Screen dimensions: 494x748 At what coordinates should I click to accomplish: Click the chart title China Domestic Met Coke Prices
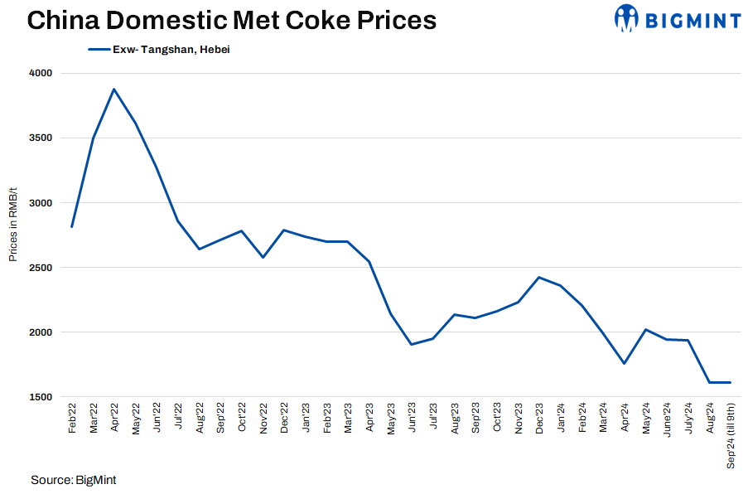pos(232,21)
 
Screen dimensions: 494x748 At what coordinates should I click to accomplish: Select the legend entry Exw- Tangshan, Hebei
pos(158,50)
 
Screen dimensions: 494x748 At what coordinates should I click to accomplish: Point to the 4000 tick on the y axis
pos(41,73)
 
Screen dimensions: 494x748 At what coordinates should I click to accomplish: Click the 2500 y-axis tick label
pos(41,268)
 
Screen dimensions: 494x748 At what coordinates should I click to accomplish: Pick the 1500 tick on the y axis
pos(41,397)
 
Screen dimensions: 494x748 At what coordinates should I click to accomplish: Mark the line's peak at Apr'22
pos(114,89)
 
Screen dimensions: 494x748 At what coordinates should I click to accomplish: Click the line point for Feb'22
pos(72,226)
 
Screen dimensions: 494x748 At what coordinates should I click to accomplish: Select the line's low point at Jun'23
pos(412,344)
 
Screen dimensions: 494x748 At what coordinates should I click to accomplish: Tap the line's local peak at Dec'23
pos(539,278)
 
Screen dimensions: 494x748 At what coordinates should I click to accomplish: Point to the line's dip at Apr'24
pos(624,363)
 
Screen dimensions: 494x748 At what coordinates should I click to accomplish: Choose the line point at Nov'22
pos(263,257)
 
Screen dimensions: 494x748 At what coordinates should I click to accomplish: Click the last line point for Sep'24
pos(730,382)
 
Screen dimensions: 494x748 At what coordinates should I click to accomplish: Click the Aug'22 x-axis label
pos(200,419)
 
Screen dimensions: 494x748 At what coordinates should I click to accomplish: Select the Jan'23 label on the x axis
pos(306,419)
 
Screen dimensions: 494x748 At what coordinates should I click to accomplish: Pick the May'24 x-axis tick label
pos(645,419)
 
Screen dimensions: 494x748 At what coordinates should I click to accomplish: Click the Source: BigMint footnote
pos(73,480)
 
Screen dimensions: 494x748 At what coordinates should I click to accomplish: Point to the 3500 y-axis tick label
pos(41,138)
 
